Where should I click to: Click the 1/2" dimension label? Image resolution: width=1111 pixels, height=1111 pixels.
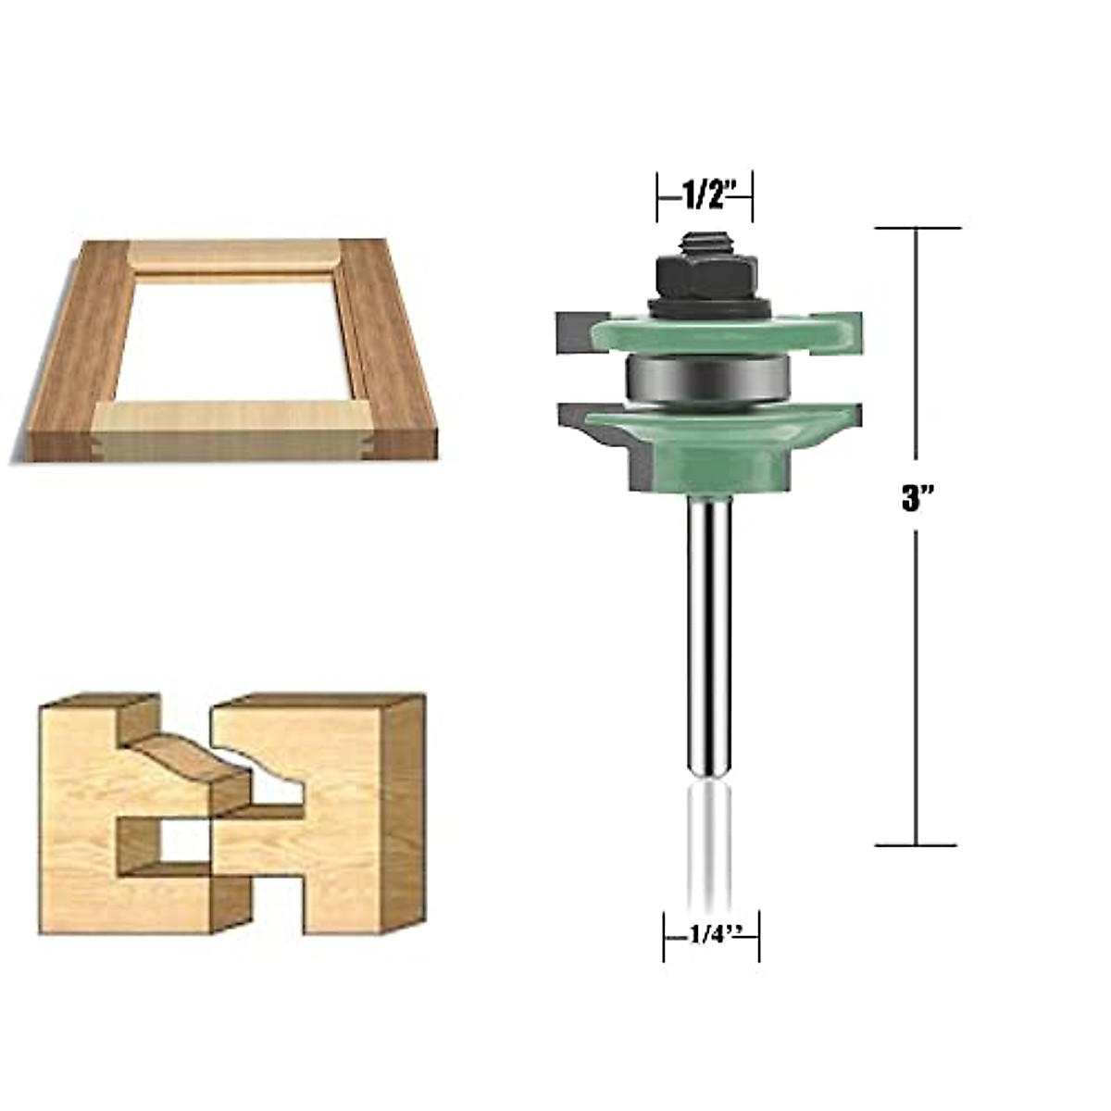[705, 195]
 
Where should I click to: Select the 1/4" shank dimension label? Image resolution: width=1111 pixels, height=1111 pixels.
[711, 935]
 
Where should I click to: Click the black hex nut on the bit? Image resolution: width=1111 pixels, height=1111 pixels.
[705, 276]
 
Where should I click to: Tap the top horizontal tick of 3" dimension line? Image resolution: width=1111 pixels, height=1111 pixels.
[917, 228]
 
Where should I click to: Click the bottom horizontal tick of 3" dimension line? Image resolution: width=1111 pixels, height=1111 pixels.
[917, 844]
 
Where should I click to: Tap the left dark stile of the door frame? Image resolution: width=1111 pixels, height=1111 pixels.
[79, 352]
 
